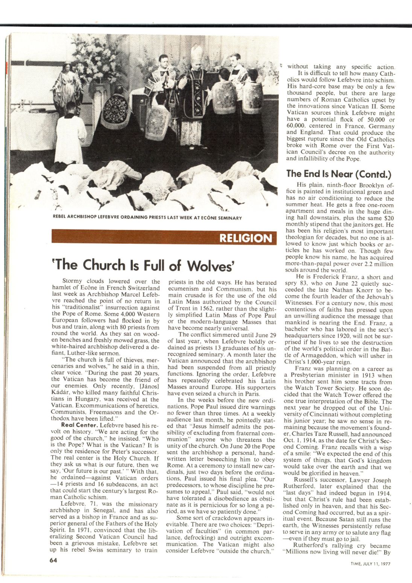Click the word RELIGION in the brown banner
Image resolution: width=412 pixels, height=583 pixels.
point(245,238)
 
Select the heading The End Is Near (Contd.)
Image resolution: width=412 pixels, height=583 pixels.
point(339,174)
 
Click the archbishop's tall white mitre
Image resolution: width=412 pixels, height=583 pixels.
point(196,53)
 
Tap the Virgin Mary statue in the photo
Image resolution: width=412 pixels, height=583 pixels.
point(70,87)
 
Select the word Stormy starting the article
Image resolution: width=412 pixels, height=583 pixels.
point(73,281)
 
